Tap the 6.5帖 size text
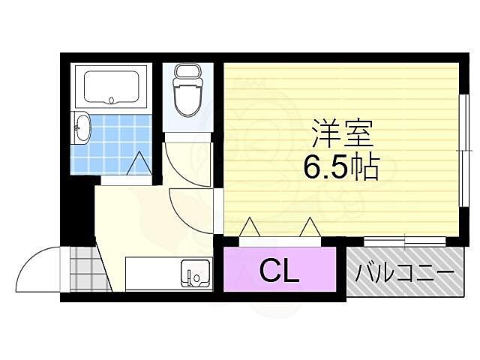[340, 166]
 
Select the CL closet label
[279, 271]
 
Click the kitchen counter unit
[169, 274]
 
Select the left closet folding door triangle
[250, 227]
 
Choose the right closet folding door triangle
[309, 227]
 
